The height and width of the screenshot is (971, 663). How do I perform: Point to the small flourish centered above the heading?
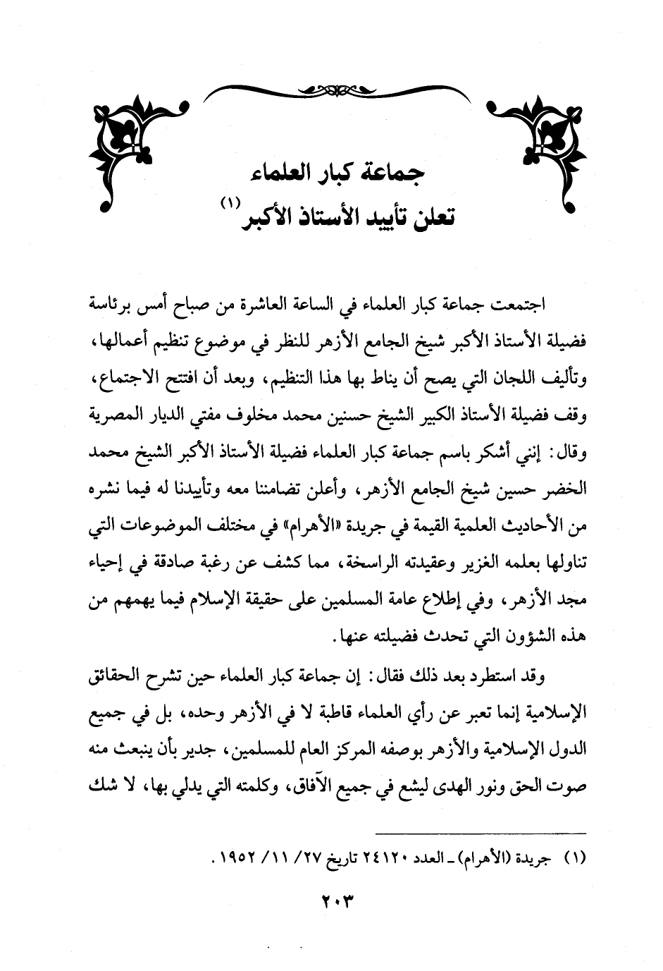[x=331, y=90]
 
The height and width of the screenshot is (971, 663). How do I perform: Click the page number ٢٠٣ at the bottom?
[x=331, y=901]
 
